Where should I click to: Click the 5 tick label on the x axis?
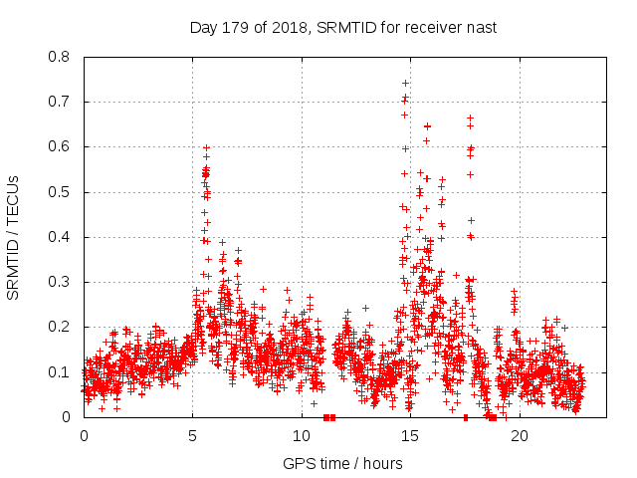pos(192,436)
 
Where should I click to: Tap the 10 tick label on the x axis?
pos(301,436)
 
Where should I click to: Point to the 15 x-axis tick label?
pos(409,436)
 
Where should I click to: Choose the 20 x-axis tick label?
pos(518,436)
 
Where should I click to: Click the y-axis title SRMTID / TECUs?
pos(14,237)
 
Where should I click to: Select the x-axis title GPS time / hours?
pos(342,463)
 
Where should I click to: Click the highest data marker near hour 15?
pos(405,83)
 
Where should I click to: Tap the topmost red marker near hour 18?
pos(470,118)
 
